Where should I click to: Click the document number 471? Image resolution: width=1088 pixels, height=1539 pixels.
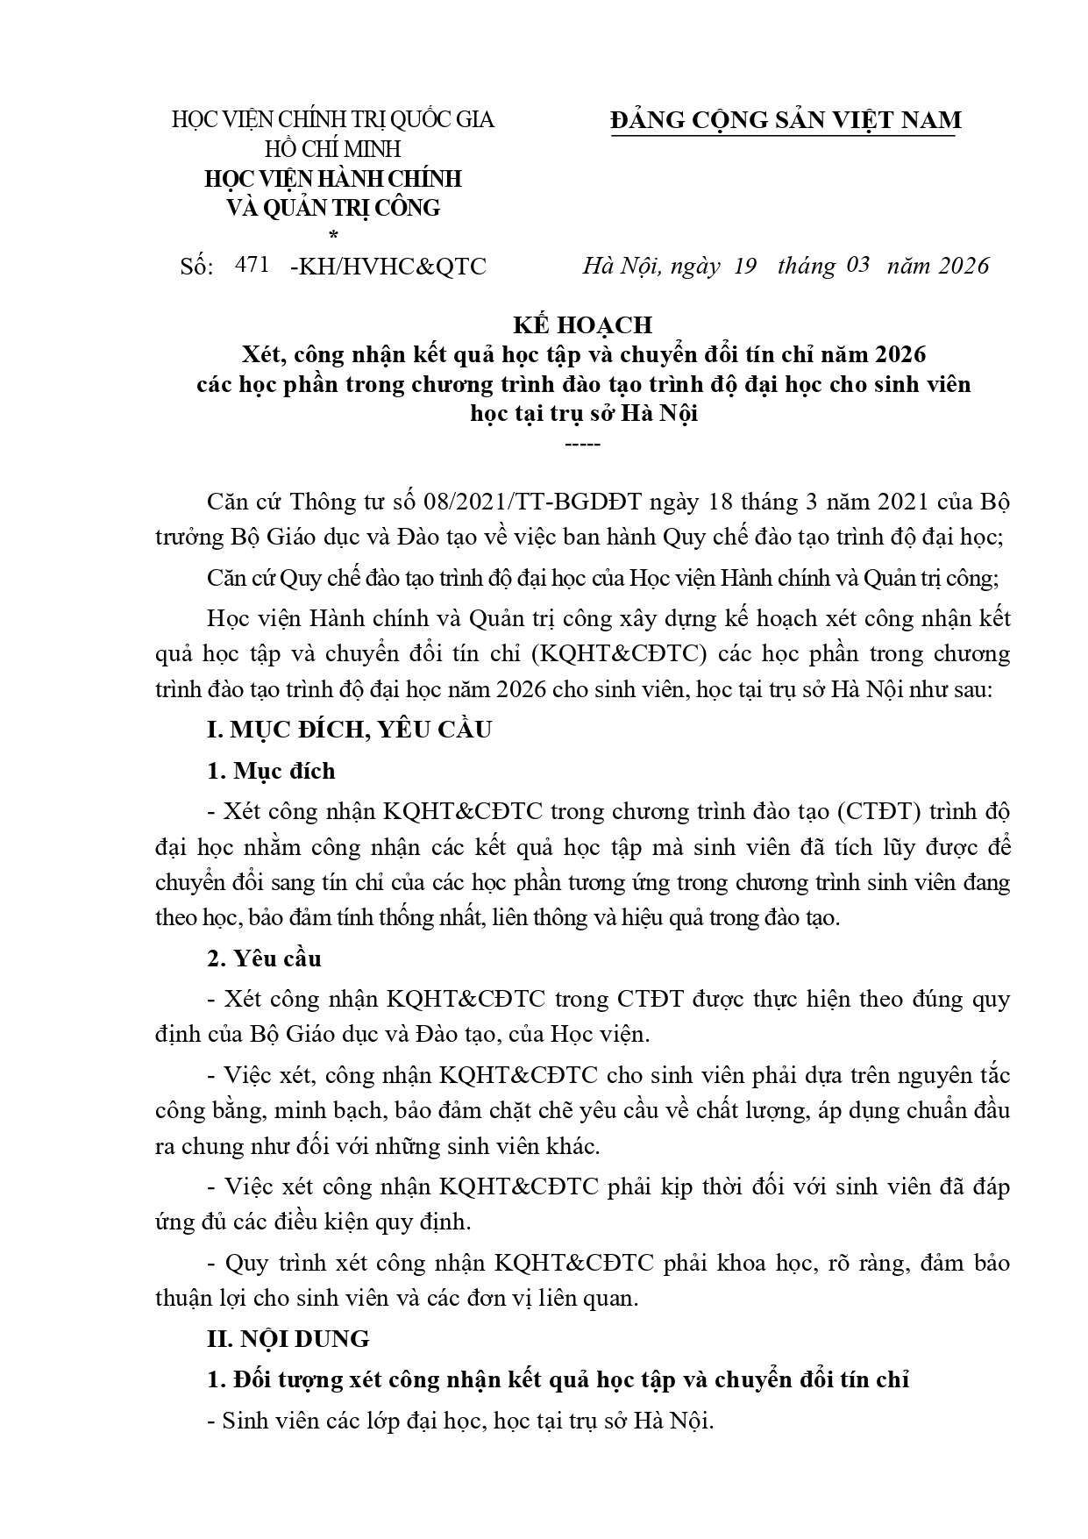[252, 264]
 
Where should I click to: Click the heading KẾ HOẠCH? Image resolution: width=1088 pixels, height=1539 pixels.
[582, 324]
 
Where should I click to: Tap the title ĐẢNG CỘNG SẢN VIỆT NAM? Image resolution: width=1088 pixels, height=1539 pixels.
[786, 120]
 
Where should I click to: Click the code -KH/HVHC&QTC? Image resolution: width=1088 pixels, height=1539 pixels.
[387, 266]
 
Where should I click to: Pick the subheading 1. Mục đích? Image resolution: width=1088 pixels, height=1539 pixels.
[271, 771]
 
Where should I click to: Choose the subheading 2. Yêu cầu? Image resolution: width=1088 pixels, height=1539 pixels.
[264, 958]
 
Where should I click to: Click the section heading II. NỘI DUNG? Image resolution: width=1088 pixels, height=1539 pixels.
[288, 1339]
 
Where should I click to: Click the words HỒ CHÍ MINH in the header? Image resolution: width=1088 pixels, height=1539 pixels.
[332, 149]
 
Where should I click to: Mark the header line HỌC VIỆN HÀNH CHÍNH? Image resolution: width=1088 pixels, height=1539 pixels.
[332, 179]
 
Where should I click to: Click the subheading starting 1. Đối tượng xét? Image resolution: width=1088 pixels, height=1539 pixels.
[558, 1379]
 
